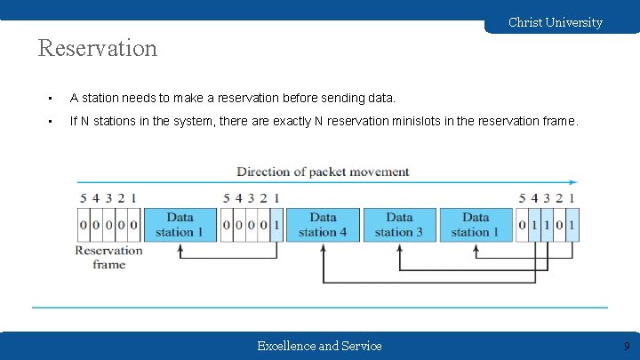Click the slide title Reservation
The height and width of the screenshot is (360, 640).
coord(98,48)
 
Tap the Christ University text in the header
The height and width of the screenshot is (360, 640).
coord(555,22)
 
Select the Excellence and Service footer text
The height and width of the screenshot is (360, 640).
coord(319,346)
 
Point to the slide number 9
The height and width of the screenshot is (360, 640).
coord(626,346)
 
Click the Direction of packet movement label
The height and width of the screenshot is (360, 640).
coord(323,172)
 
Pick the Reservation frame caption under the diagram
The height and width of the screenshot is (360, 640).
coord(108,257)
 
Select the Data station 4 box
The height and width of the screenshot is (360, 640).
coord(323,225)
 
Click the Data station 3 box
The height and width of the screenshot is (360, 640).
coord(399,225)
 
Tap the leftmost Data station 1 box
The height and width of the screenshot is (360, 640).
coord(180,225)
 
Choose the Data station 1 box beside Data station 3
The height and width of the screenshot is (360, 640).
coord(476,225)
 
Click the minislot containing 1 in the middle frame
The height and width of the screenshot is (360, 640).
coord(276,225)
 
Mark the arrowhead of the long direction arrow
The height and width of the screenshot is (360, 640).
coord(572,183)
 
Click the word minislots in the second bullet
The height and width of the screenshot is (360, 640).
coord(421,121)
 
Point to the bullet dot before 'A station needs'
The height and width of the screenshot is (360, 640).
coord(52,98)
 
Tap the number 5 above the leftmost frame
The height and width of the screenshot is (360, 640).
coord(84,197)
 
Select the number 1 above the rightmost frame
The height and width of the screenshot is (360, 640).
coord(572,197)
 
